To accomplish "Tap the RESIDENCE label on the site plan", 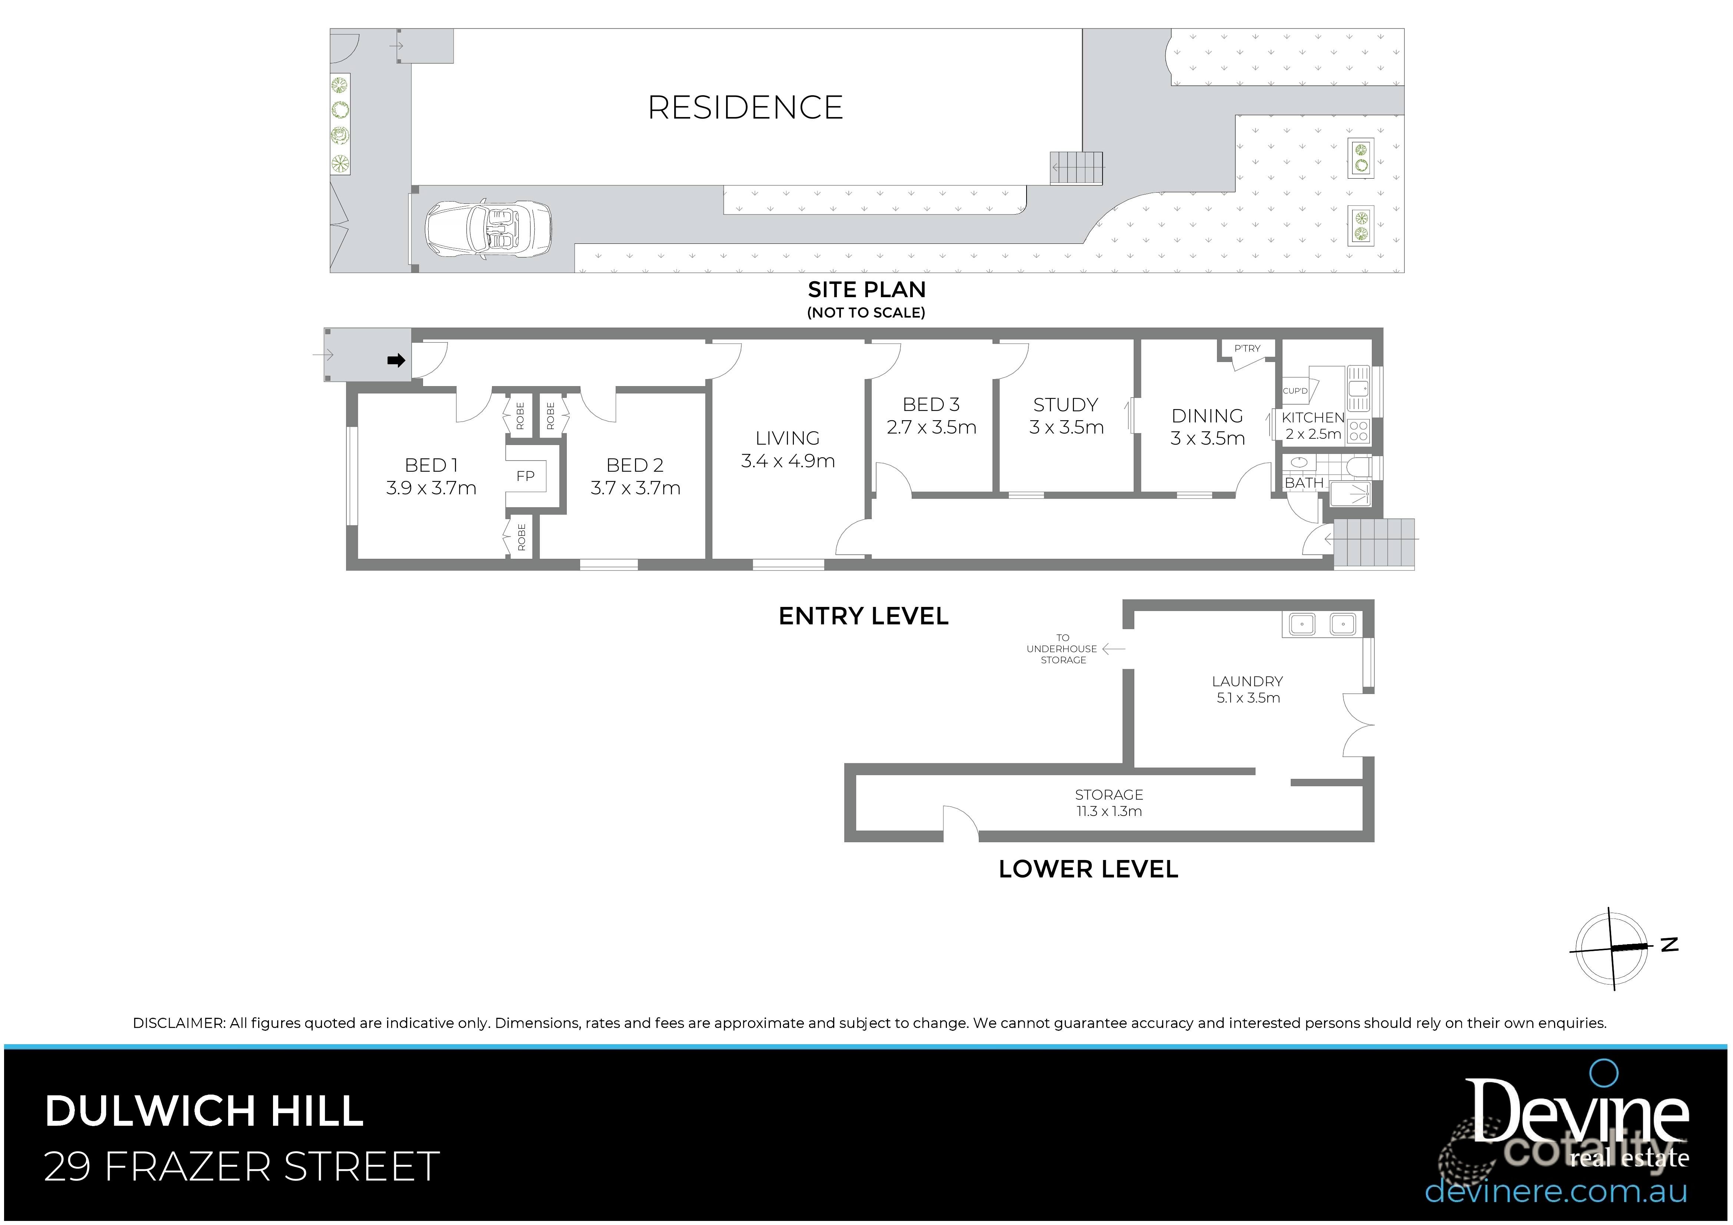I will click(x=745, y=108).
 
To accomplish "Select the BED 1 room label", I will click(x=431, y=465).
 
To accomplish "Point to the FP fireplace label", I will click(x=525, y=476).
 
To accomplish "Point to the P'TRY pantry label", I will click(x=1247, y=349).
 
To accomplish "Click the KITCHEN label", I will click(x=1313, y=417).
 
